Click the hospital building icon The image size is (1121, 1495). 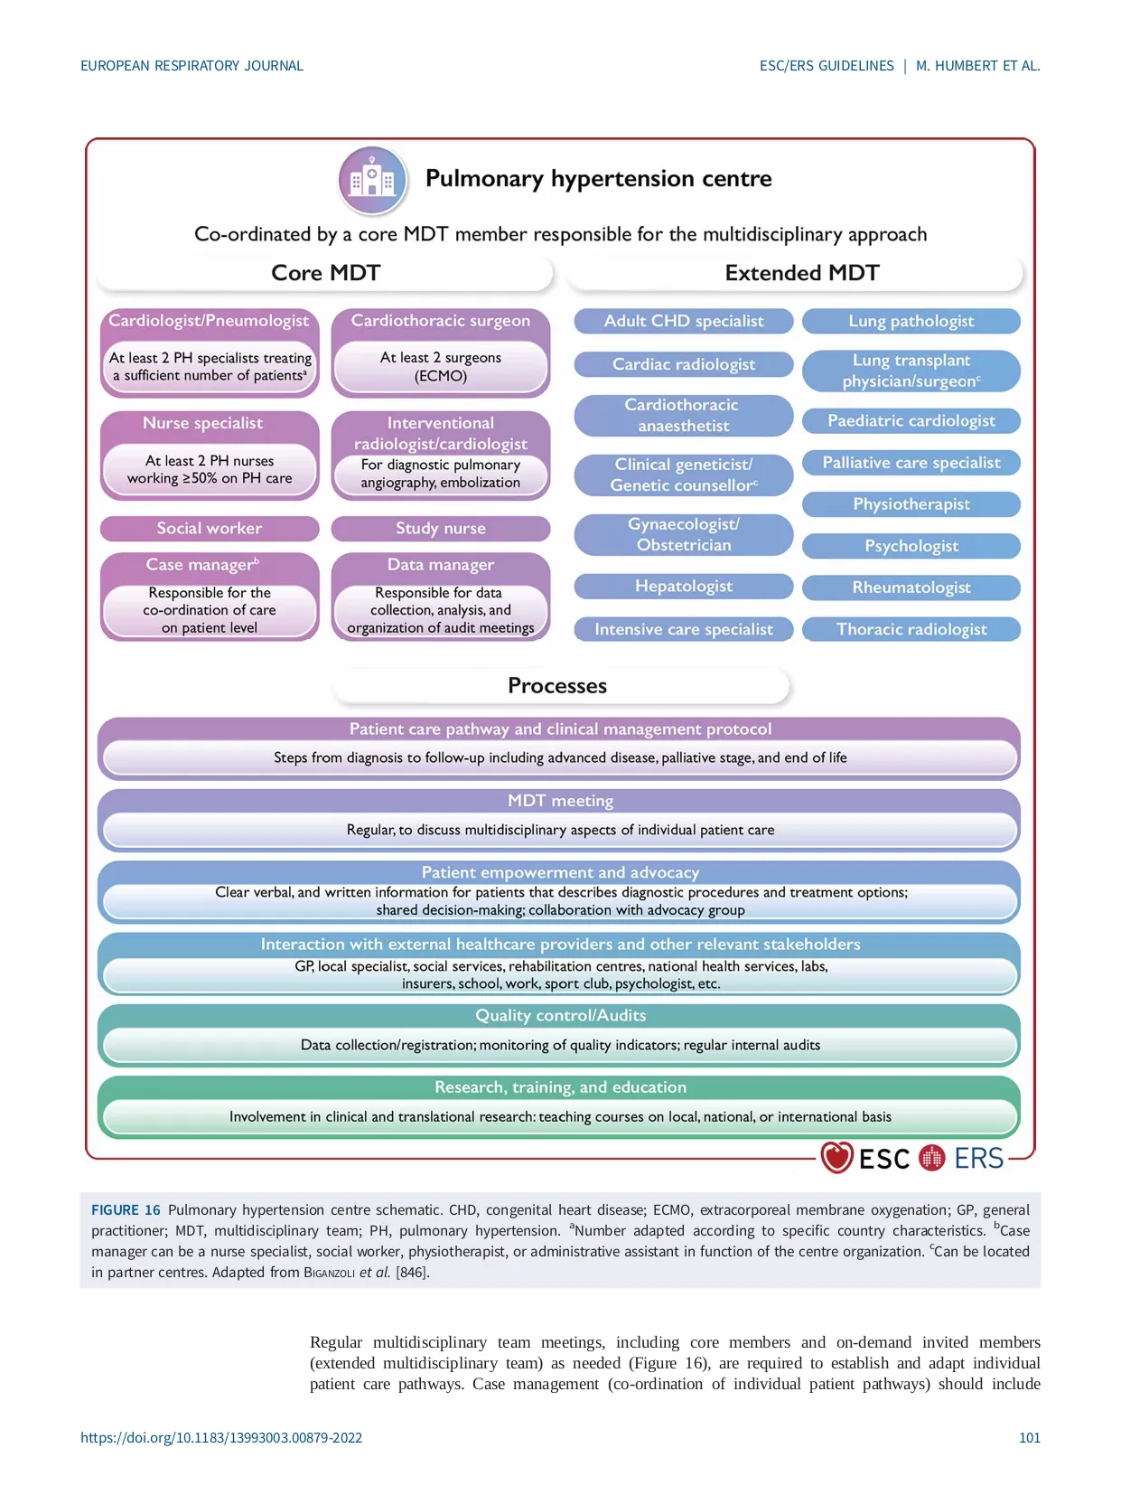point(372,179)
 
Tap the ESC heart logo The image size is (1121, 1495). point(836,1157)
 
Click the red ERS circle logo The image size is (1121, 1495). point(931,1157)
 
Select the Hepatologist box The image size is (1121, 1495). point(684,587)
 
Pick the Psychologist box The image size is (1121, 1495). point(911,546)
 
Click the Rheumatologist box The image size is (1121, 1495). point(911,588)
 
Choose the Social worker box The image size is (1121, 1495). point(210,528)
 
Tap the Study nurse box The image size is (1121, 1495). point(441,528)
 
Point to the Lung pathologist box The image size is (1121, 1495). point(911,321)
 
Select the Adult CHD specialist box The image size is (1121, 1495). point(684,321)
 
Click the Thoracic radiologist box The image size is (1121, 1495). point(911,629)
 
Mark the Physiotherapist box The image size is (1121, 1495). point(911,504)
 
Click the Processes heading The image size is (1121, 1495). point(557,686)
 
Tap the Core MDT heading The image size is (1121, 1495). point(325,273)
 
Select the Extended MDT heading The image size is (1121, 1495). point(802,273)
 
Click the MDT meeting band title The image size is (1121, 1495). point(560,801)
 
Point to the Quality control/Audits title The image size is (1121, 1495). point(560,1015)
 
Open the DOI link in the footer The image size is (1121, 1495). point(221,1437)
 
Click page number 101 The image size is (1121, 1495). point(1030,1437)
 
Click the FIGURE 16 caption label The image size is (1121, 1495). point(126,1209)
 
